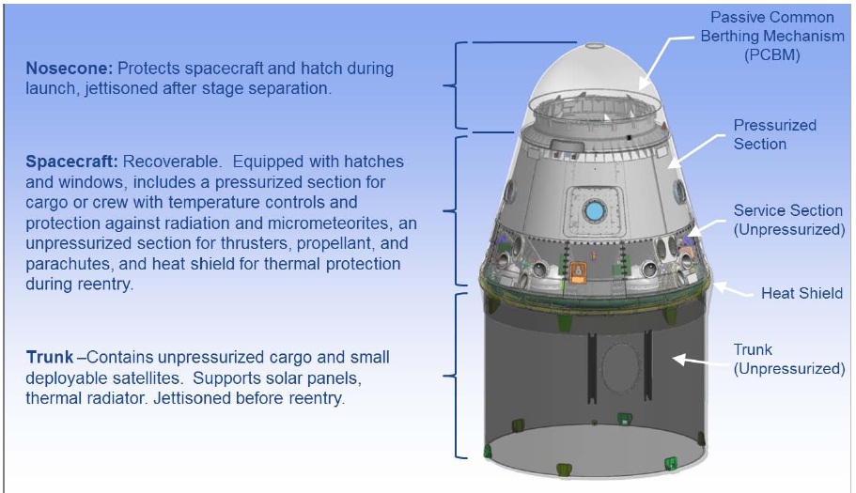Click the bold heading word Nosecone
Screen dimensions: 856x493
[x=70, y=69]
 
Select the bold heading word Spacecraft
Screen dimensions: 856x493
[x=71, y=162]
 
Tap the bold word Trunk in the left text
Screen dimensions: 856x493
[x=49, y=357]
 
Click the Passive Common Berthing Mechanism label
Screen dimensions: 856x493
[x=772, y=36]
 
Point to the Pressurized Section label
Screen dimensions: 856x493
[x=774, y=134]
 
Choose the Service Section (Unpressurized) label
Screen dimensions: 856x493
[x=789, y=220]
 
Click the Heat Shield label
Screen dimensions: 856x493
[x=802, y=293]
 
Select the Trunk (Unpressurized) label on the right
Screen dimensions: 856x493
[x=789, y=359]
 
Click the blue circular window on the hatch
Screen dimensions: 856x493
[x=594, y=210]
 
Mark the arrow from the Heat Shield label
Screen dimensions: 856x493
[x=733, y=289]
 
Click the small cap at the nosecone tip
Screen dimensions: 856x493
[x=595, y=46]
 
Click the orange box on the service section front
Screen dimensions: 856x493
[x=579, y=272]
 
